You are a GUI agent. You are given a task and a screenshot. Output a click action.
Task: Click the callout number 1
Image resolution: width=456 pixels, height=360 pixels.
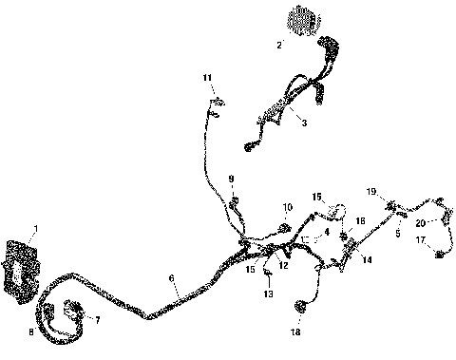click(x=35, y=228)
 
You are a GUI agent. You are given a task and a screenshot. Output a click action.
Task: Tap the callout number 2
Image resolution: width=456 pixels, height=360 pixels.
click(x=279, y=45)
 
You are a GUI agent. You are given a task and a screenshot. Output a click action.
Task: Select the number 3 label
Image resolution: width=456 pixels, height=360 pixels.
click(x=303, y=123)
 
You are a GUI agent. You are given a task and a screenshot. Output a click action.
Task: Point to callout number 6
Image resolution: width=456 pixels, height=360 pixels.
click(x=171, y=279)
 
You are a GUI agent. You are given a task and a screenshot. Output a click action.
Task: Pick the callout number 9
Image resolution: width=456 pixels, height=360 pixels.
click(x=230, y=179)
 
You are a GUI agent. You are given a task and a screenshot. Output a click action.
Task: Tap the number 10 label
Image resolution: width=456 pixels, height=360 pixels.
click(x=287, y=207)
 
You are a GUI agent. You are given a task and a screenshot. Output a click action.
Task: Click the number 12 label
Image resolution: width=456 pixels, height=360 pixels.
click(x=283, y=264)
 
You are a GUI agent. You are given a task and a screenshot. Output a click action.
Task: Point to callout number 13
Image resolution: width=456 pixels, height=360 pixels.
click(x=269, y=294)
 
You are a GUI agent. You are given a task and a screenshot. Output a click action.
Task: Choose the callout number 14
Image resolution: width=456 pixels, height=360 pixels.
click(x=367, y=259)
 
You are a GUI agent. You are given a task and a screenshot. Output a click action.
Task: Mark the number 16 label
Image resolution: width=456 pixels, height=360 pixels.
click(x=360, y=220)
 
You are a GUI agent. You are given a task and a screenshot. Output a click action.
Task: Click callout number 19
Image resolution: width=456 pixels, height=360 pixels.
click(x=372, y=191)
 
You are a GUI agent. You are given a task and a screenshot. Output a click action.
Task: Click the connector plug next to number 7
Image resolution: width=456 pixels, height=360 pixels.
click(x=71, y=309)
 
